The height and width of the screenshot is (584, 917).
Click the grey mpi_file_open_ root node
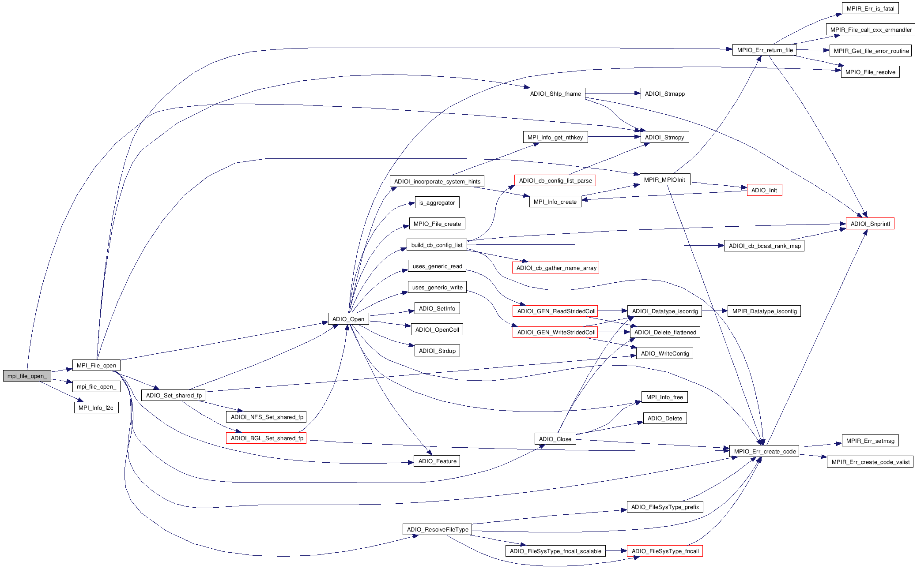point(27,376)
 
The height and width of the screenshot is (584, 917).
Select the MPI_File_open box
point(96,365)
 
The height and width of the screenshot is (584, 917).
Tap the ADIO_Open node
point(348,319)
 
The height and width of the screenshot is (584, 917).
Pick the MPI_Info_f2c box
point(96,408)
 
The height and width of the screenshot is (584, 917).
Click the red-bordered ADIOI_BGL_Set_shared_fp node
point(267,438)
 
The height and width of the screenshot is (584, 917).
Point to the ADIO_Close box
point(555,439)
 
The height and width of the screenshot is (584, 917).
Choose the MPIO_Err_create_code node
point(765,451)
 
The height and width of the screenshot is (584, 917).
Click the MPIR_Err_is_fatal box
point(870,8)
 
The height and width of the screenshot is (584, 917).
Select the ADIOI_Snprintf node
point(870,224)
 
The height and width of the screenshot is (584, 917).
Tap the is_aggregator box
point(437,202)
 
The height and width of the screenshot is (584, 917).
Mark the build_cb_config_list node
point(437,245)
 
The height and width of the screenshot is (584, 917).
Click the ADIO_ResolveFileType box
point(438,529)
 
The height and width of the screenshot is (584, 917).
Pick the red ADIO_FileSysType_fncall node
point(665,551)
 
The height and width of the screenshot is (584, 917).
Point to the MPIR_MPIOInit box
point(664,180)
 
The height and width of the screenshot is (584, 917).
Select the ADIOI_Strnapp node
point(664,94)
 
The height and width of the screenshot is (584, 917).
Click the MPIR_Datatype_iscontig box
point(764,311)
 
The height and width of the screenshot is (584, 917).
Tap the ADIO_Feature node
point(437,461)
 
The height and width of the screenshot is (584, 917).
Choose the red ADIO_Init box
point(764,190)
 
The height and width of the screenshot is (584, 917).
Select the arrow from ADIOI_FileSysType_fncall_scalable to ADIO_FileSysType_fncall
point(616,551)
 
